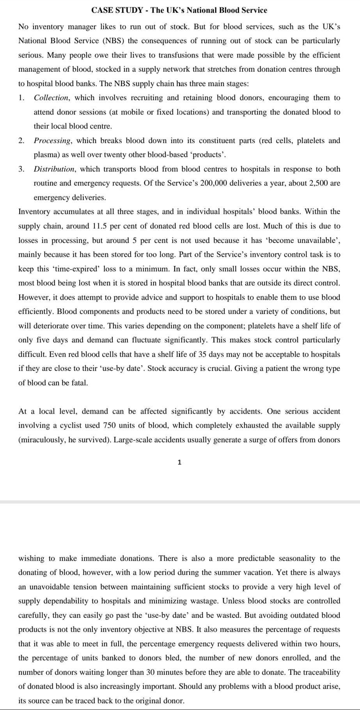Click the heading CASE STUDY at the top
coord(117,11)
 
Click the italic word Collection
coord(51,98)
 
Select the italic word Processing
coord(52,140)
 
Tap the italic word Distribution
coord(54,169)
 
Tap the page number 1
coord(179,462)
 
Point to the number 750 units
coord(111,426)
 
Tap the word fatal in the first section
coord(80,383)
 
